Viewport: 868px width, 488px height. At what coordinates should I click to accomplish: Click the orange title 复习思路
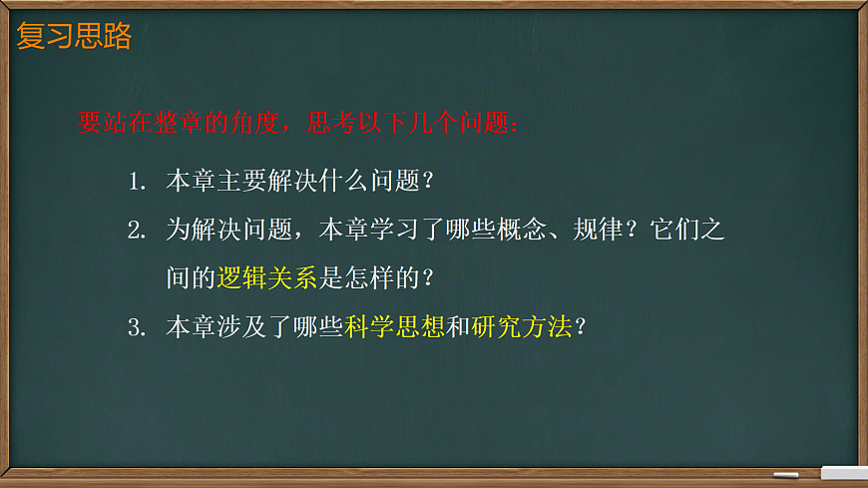[75, 37]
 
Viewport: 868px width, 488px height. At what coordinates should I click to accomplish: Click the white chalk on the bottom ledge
[786, 474]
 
